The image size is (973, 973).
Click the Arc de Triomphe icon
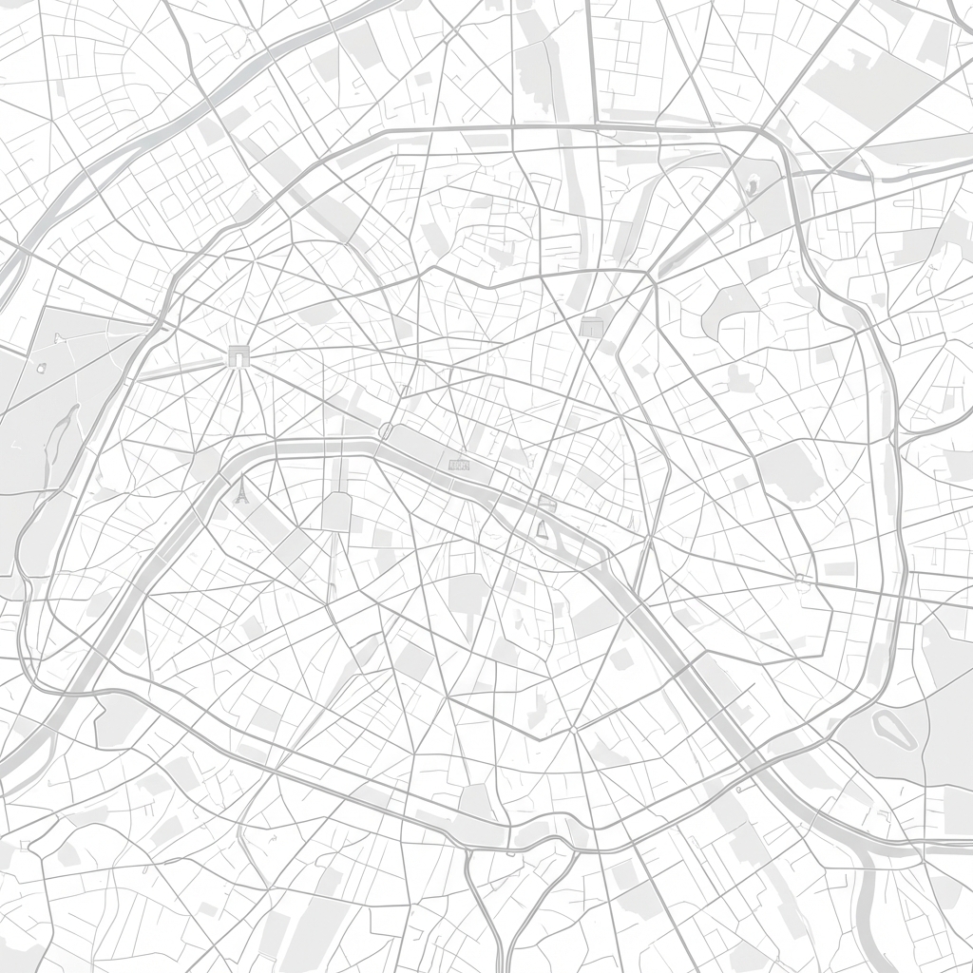coord(238,356)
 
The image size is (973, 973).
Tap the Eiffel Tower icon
coord(241,491)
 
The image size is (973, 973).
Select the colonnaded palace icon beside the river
coord(459,464)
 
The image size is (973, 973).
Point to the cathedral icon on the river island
coord(544,528)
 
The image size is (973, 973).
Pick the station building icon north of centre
coord(591,326)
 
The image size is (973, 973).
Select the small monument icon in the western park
coord(59,337)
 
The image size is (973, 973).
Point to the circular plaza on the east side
coord(804,577)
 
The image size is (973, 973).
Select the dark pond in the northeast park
coord(752,187)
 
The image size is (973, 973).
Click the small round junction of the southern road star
coord(574,730)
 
